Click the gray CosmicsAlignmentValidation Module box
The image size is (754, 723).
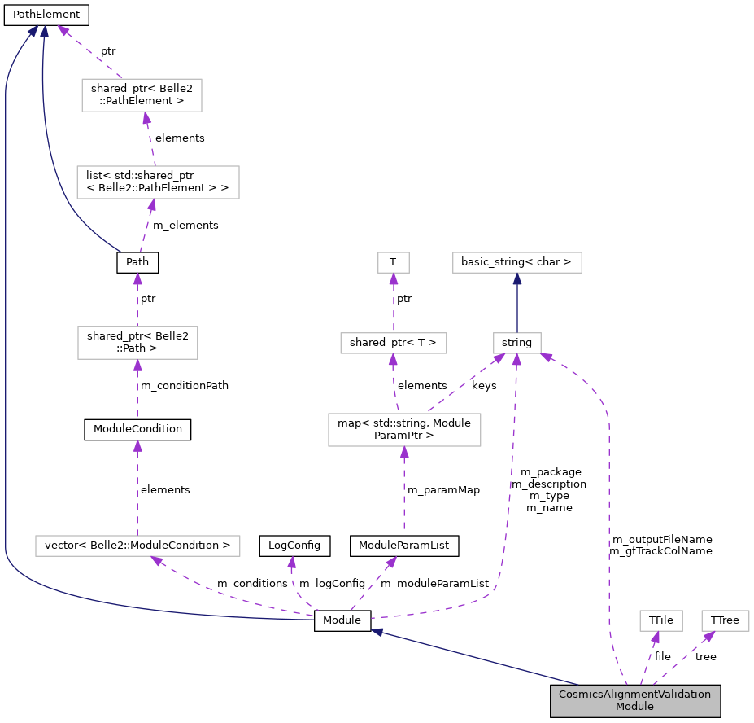(634, 701)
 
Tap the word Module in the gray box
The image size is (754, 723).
(634, 707)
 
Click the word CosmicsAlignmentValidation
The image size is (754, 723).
(634, 695)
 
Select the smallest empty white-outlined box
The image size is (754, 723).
(394, 262)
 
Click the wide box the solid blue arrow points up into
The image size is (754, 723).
(517, 262)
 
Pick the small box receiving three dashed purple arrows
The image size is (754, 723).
(517, 343)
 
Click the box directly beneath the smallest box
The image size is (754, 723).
(394, 343)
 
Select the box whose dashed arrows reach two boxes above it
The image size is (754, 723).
(404, 430)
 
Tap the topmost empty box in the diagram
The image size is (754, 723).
(142, 95)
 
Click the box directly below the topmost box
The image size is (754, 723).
(158, 182)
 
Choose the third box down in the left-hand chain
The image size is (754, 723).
(137, 343)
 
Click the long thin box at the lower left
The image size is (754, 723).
(137, 546)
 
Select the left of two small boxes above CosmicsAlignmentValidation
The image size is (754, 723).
(660, 620)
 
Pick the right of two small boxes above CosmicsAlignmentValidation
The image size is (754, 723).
(725, 620)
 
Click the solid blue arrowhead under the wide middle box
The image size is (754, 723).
(517, 278)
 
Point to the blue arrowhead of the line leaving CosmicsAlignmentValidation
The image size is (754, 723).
(377, 632)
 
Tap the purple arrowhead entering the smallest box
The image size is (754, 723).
(394, 279)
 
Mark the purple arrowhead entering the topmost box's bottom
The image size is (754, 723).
(146, 119)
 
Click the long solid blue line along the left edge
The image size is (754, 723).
(6, 326)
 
